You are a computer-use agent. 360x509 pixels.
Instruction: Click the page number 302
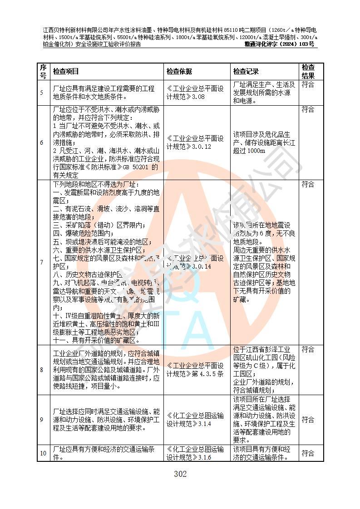[180, 475]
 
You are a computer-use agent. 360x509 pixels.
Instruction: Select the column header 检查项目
[66, 71]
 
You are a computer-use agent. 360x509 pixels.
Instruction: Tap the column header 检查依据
[179, 71]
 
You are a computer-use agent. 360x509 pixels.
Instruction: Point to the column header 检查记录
[246, 71]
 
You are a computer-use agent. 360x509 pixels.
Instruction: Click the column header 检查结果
[308, 71]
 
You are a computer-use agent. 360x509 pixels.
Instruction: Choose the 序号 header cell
[43, 71]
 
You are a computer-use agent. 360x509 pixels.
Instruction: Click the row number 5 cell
[42, 93]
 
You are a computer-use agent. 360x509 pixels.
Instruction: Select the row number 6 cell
[42, 142]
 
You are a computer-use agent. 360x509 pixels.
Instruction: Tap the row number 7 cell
[42, 262]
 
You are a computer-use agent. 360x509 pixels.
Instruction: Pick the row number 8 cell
[42, 370]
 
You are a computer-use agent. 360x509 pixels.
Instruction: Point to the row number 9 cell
[42, 420]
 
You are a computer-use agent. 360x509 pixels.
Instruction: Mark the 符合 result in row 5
[308, 84]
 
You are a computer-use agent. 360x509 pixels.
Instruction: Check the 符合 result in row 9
[308, 420]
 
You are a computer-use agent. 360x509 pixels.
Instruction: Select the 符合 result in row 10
[308, 453]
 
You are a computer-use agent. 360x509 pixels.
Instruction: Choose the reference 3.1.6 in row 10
[202, 457]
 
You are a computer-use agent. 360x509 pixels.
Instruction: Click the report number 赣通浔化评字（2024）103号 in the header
[279, 44]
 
